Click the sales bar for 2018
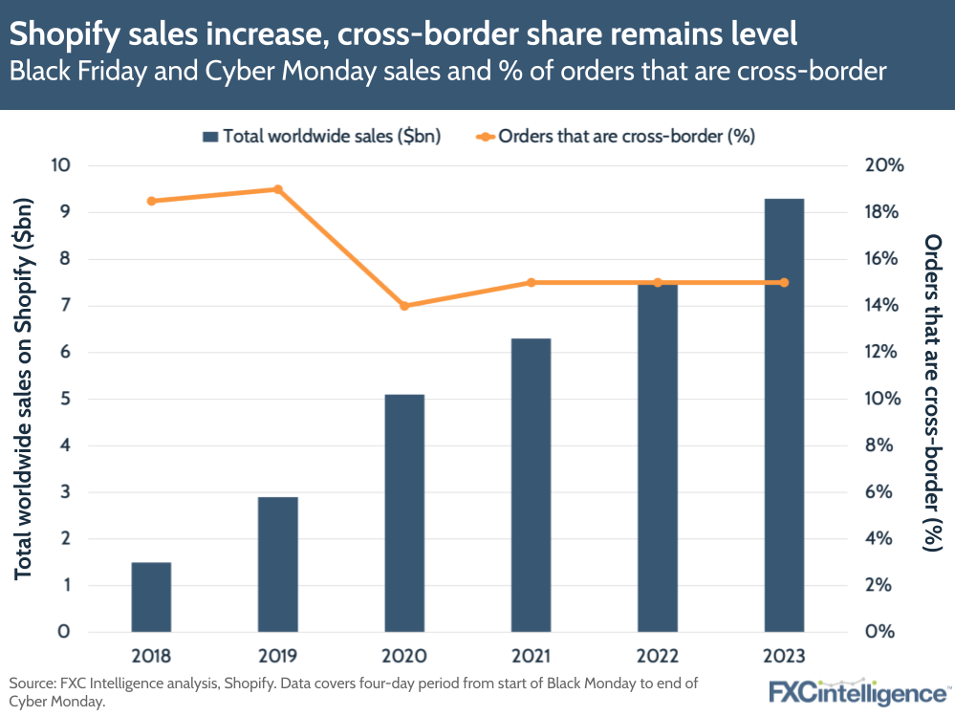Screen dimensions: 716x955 (x=151, y=597)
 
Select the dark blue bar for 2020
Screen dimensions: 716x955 (x=404, y=512)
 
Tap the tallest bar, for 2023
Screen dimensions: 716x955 (x=784, y=415)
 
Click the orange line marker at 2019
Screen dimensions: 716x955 (x=278, y=189)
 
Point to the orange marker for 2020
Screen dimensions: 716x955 (x=404, y=306)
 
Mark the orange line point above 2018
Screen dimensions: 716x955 (x=151, y=201)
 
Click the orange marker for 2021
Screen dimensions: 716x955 (x=531, y=282)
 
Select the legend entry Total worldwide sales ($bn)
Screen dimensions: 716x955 (x=320, y=136)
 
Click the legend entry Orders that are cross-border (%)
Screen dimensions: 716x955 (x=615, y=136)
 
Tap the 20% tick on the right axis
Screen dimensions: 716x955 (x=883, y=165)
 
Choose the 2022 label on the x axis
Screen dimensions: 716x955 (x=658, y=657)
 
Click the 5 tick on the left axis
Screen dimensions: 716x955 (x=65, y=399)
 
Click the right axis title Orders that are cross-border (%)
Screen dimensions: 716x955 (x=932, y=392)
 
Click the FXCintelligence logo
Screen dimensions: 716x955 (x=857, y=690)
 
